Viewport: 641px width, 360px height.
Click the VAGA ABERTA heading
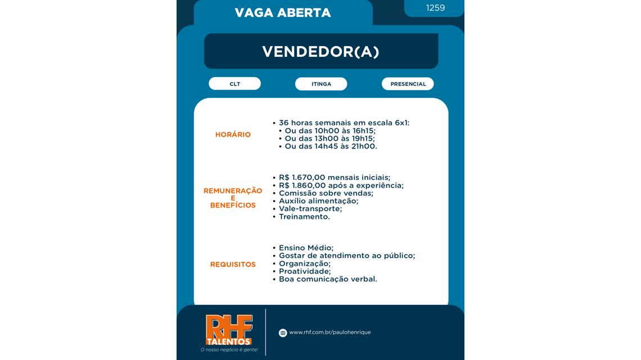pos(282,13)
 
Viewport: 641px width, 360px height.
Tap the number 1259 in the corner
pos(435,8)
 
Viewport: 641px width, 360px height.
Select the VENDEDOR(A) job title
pos(320,52)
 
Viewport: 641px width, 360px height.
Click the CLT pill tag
pos(234,84)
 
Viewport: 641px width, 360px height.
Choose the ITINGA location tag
pos(321,84)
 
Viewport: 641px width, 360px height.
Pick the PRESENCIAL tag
pos(408,84)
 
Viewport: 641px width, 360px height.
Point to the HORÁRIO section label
pos(233,135)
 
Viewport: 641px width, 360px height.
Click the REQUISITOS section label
pos(233,264)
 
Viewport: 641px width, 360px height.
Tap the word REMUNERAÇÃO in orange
pos(233,191)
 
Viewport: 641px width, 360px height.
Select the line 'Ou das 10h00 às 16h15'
pos(330,130)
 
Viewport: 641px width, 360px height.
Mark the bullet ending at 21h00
pos(331,146)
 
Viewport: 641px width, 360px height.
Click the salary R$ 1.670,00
pos(302,178)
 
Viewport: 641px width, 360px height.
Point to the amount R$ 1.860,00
pos(302,186)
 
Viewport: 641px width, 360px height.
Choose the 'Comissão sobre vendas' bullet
pos(326,193)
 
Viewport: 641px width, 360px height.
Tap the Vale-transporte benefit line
pos(310,209)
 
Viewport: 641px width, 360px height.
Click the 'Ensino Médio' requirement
pos(306,248)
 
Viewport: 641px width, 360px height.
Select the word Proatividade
pos(304,271)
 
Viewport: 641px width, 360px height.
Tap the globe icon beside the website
pos(283,333)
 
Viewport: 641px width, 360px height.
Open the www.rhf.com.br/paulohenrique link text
pos(329,332)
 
